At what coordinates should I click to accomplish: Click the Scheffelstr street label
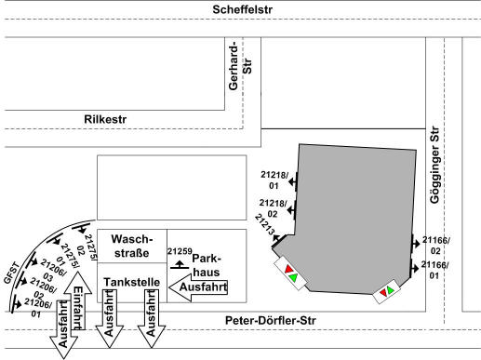(x=242, y=9)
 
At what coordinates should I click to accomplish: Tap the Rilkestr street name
(x=105, y=119)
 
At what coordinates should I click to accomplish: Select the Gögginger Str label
(x=435, y=165)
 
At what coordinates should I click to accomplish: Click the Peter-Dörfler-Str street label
(x=271, y=320)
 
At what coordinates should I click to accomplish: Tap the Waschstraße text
(x=132, y=246)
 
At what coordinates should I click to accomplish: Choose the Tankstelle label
(x=132, y=282)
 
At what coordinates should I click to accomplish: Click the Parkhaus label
(x=207, y=265)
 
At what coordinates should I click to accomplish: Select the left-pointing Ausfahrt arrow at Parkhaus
(x=198, y=287)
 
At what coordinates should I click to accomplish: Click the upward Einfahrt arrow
(x=78, y=300)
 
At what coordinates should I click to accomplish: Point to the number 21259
(x=180, y=251)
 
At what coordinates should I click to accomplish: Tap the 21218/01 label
(x=274, y=180)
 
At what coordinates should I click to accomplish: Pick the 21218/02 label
(x=274, y=208)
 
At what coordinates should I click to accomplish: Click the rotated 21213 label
(x=264, y=225)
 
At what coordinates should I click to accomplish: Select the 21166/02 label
(x=435, y=246)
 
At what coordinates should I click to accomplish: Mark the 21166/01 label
(x=434, y=270)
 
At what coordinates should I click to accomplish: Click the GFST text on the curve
(x=12, y=273)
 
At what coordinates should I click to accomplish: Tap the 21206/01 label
(x=37, y=308)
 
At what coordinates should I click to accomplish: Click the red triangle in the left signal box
(x=288, y=269)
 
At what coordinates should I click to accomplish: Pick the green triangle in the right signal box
(x=390, y=289)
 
